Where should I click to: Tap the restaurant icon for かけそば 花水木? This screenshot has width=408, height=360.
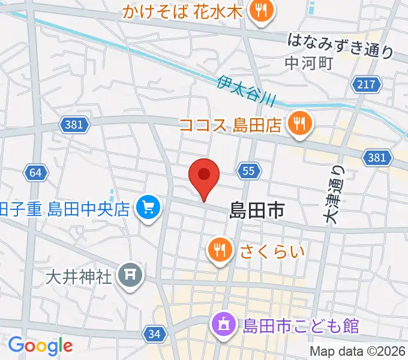click(x=262, y=11)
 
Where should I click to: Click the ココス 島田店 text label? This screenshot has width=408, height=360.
click(x=231, y=125)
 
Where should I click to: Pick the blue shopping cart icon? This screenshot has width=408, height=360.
click(x=148, y=209)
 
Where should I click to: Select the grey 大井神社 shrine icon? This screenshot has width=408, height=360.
click(x=129, y=276)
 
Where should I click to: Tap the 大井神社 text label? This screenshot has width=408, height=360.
click(x=79, y=277)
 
